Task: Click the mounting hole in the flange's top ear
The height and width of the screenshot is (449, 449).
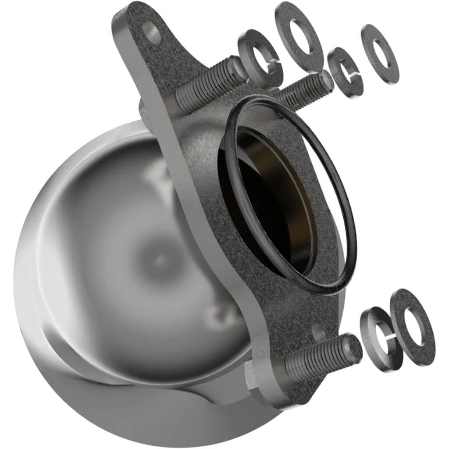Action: (x=152, y=32)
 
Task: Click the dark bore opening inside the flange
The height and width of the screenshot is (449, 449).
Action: (x=267, y=202)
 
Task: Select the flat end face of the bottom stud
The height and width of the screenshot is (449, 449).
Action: (x=353, y=349)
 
